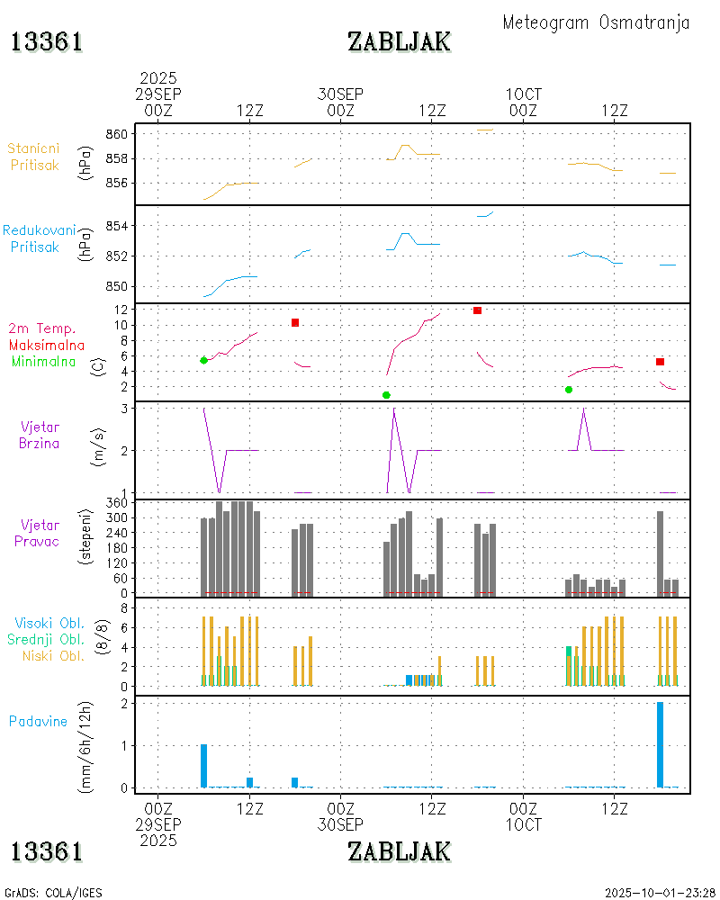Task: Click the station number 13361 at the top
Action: pos(47,41)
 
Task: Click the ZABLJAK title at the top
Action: pos(399,41)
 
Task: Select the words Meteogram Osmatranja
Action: pos(596,22)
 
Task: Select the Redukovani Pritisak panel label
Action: pos(40,238)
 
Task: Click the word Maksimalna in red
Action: pos(47,345)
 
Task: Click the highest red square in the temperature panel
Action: pos(477,310)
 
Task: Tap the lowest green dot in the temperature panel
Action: pos(386,395)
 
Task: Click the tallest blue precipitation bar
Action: pos(660,744)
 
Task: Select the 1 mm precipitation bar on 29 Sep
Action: pos(204,766)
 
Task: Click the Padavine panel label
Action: pos(38,721)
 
